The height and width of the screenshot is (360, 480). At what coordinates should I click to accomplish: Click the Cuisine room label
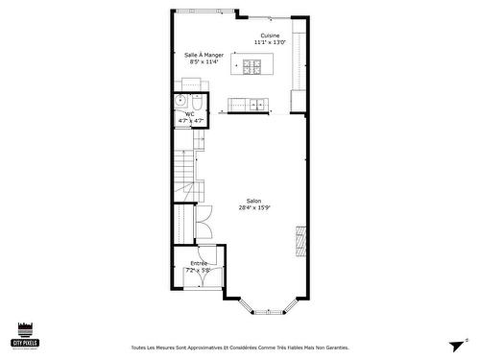pos(270,36)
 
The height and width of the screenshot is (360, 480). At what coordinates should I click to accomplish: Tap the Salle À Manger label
pos(204,55)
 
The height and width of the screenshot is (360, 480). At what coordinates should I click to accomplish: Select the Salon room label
pos(254,201)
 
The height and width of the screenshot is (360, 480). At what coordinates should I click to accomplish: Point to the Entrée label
pos(199,263)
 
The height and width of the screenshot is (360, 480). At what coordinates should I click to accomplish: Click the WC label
pos(190,114)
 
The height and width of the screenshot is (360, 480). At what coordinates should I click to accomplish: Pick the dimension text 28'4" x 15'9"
pos(254,208)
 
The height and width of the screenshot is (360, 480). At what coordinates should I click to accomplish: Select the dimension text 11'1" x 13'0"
pos(270,43)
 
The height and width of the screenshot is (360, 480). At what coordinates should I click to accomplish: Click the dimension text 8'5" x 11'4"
pos(204,62)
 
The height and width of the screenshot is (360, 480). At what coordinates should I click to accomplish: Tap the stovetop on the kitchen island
pos(252,66)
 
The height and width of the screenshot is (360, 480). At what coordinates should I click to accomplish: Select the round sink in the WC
pos(180,100)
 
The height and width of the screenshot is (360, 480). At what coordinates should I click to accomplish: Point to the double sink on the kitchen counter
pos(256,103)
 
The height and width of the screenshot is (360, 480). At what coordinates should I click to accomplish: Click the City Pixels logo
pos(24,334)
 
